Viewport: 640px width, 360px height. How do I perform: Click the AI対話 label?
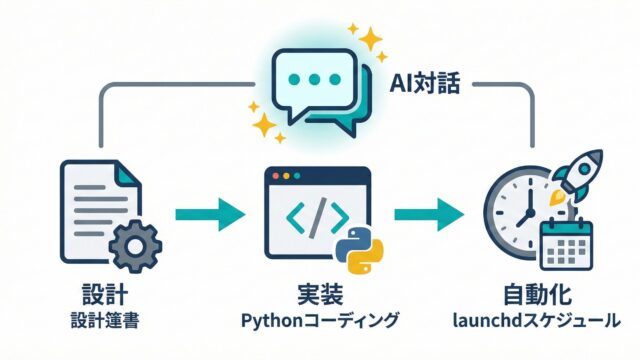(x=424, y=84)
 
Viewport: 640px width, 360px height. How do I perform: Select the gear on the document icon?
(x=136, y=246)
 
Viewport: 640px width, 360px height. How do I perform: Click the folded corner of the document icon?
(x=127, y=174)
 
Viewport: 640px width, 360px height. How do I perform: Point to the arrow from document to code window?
(x=210, y=215)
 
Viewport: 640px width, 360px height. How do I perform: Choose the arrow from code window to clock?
(x=429, y=215)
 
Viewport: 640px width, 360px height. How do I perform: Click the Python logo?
(x=359, y=249)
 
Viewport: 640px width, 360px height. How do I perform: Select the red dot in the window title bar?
(x=276, y=176)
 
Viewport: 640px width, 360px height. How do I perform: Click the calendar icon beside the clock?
(x=566, y=244)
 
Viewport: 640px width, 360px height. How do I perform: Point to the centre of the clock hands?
(x=530, y=213)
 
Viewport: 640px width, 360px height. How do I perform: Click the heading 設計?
(x=105, y=294)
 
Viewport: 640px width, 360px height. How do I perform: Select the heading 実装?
(x=320, y=294)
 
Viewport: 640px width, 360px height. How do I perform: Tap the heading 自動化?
(x=537, y=294)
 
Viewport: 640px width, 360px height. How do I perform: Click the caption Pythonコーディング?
(x=319, y=320)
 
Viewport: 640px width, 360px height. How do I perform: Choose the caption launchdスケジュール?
(x=537, y=320)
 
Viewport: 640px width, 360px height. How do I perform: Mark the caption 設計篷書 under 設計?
(x=105, y=320)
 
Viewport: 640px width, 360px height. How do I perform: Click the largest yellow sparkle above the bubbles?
(x=370, y=39)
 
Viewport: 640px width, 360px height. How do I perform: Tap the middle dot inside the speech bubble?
(x=314, y=79)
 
